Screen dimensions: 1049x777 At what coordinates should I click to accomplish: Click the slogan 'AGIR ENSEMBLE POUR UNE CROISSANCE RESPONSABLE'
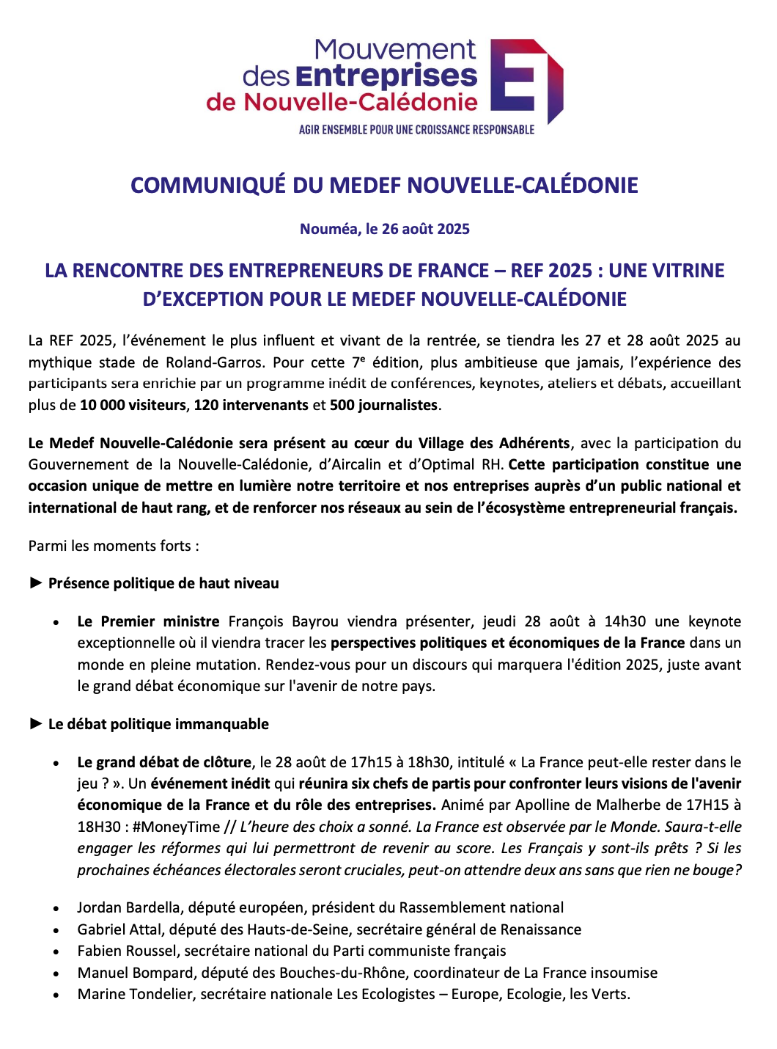[x=416, y=130]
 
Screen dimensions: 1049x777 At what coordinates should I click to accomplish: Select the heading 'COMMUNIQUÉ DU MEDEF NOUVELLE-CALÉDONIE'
[x=384, y=185]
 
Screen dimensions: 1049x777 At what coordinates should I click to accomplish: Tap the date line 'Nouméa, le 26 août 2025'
[x=384, y=229]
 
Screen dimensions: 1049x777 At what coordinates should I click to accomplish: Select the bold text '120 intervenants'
[x=251, y=405]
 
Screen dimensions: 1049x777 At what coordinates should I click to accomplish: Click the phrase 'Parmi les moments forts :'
[x=114, y=546]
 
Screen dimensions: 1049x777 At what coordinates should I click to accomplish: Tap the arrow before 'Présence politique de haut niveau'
[x=36, y=583]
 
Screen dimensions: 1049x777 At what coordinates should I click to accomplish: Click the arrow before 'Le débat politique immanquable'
[x=36, y=724]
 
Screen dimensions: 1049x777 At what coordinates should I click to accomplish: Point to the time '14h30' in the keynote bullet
[x=625, y=621]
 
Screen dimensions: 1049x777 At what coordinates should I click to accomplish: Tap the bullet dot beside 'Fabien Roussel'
[x=56, y=951]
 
